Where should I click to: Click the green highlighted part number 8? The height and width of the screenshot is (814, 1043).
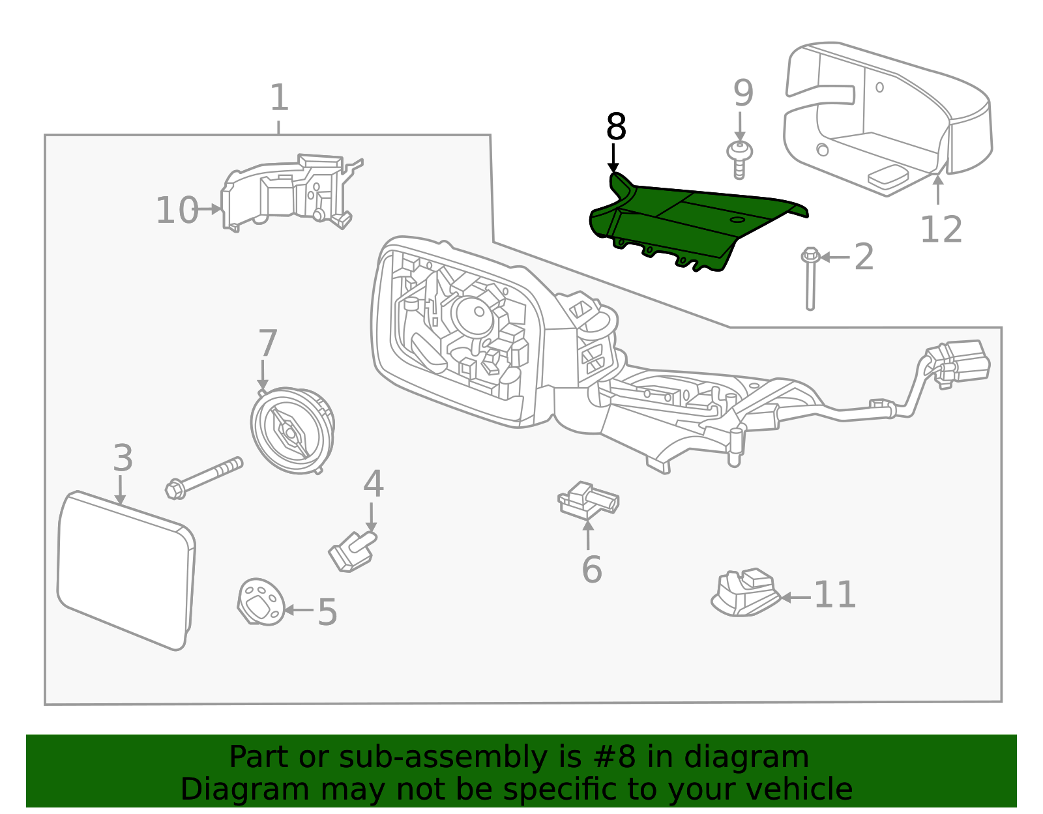pos(691,225)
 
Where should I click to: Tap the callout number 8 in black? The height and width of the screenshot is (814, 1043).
pos(615,127)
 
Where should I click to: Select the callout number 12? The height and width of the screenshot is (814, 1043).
pos(941,230)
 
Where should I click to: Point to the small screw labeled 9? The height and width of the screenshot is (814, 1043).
pos(739,158)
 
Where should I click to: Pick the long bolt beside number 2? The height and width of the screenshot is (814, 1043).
pos(810,280)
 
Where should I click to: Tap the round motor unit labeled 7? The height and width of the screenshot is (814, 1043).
pos(293,429)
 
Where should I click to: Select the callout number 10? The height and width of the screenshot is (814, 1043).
pos(176,211)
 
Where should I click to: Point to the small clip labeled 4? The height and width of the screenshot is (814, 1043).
pos(352,551)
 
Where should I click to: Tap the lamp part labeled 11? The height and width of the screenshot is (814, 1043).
pos(745,593)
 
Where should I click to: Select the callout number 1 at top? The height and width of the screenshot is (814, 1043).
pos(279,98)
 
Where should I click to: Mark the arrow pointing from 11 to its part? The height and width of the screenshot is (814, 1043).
pos(795,597)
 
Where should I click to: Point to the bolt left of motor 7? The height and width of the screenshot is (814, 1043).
pos(204,478)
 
